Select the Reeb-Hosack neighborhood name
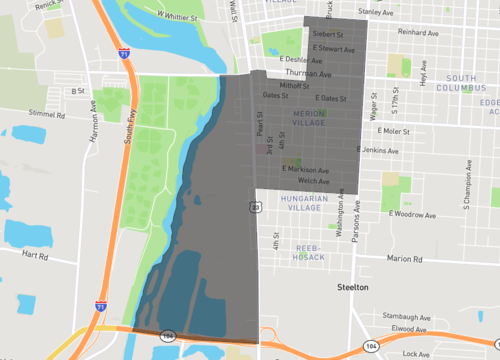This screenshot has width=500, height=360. point(310,251)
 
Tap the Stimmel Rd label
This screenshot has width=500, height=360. point(48,115)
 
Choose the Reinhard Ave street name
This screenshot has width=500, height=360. point(419,33)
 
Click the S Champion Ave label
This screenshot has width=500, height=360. point(466,190)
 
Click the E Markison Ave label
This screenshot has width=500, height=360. point(305,170)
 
